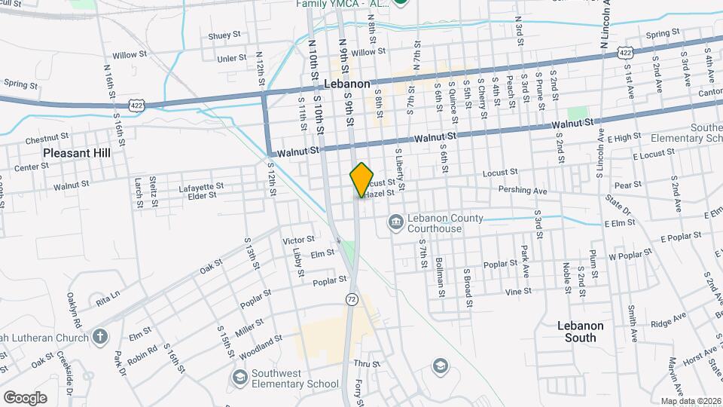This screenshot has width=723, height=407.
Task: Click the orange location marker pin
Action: pyautogui.click(x=361, y=179)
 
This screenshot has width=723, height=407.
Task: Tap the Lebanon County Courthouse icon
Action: pyautogui.click(x=395, y=222)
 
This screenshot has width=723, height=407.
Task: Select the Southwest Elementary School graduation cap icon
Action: pyautogui.click(x=239, y=377)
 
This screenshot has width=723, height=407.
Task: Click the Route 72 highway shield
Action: pyautogui.click(x=352, y=299)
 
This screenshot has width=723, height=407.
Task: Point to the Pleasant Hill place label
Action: pyautogui.click(x=77, y=152)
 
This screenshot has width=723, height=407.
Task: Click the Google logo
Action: pyautogui.click(x=24, y=397)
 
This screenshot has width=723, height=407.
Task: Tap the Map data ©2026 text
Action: pyautogui.click(x=690, y=400)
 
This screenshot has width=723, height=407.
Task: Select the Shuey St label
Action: pyautogui.click(x=224, y=35)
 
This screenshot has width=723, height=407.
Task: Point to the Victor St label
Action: pyautogui.click(x=297, y=240)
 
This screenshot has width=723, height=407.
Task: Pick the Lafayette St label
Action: pyautogui.click(x=201, y=185)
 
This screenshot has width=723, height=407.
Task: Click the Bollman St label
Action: pyautogui.click(x=438, y=274)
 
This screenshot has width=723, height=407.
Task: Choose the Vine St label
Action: pyautogui.click(x=518, y=291)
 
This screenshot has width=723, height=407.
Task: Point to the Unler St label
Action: pyautogui.click(x=231, y=58)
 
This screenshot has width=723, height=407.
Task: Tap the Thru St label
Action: pyautogui.click(x=363, y=363)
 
